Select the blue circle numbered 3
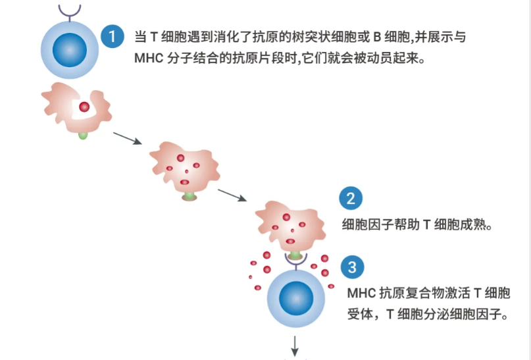point(352,267)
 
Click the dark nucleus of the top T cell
point(70,51)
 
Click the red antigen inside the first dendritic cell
point(84,106)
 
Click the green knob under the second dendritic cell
point(189,196)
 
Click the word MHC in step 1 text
point(147,57)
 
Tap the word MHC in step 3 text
point(361,292)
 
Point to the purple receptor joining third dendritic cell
point(295,262)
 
